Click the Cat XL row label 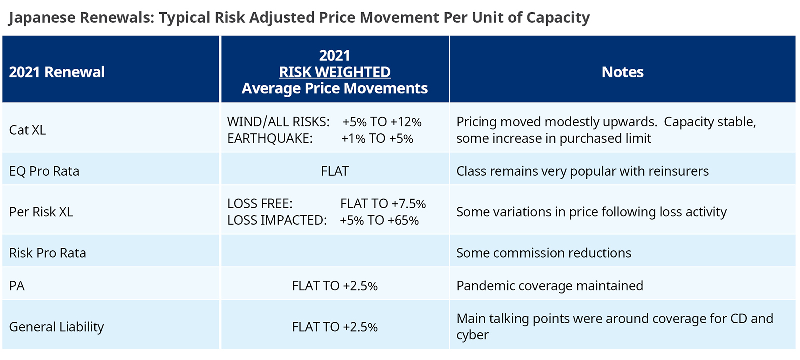27,130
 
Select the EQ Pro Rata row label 44,171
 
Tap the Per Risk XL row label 41,212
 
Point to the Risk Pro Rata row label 48,253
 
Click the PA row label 17,286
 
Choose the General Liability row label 56,327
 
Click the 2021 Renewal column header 57,72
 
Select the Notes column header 622,72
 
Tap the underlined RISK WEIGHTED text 335,72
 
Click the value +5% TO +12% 382,122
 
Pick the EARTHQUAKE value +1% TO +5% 377,139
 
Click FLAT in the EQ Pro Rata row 335,171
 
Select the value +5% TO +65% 379,221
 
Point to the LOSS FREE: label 260,204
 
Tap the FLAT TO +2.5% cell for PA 335,286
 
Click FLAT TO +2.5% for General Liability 335,327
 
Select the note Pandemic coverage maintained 550,286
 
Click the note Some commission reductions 544,253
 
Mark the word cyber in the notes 472,335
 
